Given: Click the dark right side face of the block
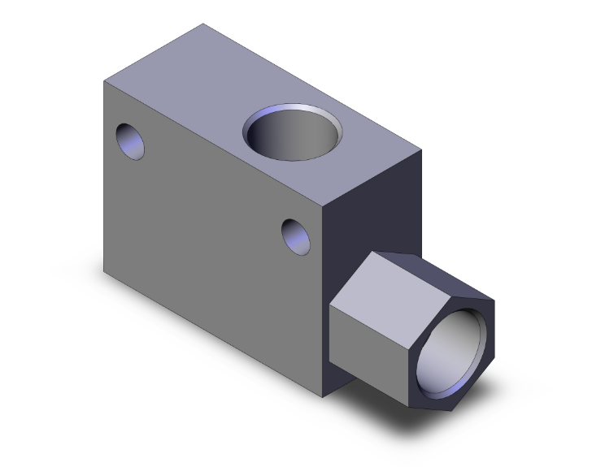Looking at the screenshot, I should (x=374, y=219).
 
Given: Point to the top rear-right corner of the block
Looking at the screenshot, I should (x=421, y=149).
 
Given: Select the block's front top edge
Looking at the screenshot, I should (x=215, y=142).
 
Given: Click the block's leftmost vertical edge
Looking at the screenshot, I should (x=104, y=174).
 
